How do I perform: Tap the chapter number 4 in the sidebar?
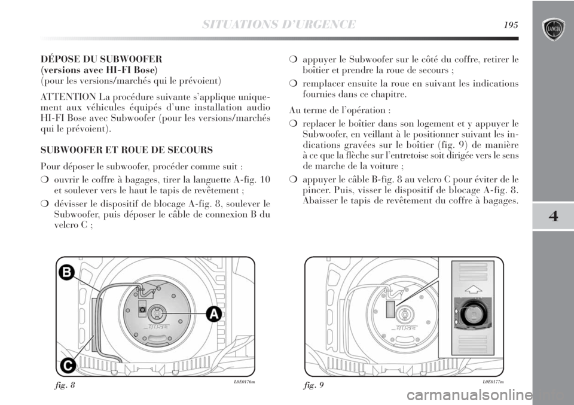(552, 216)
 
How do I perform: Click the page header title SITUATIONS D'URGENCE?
(279, 25)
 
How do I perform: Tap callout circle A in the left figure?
(214, 313)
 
